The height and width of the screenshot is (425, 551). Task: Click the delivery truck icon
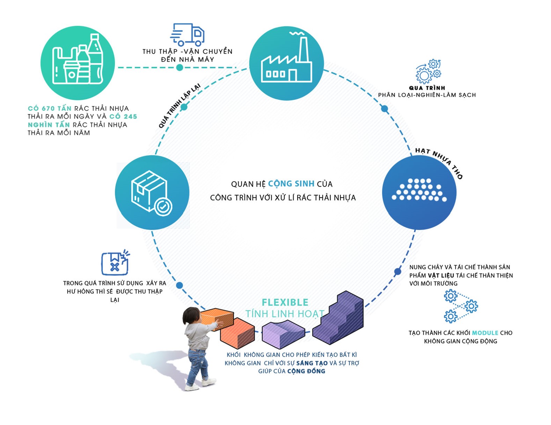188,35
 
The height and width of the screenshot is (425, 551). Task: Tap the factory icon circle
286,64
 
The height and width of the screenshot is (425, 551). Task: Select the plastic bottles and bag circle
78,63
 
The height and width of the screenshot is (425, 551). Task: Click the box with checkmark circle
152,192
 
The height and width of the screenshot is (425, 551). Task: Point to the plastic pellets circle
419,192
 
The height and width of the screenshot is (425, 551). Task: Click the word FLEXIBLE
285,302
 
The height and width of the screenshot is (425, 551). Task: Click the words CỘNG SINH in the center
291,184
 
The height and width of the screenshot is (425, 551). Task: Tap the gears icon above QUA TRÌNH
428,71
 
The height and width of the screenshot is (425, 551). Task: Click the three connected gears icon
461,306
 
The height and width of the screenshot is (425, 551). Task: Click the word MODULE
485,333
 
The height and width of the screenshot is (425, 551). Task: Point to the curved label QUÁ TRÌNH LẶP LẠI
179,105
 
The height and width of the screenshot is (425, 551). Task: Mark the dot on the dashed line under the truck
179,67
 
